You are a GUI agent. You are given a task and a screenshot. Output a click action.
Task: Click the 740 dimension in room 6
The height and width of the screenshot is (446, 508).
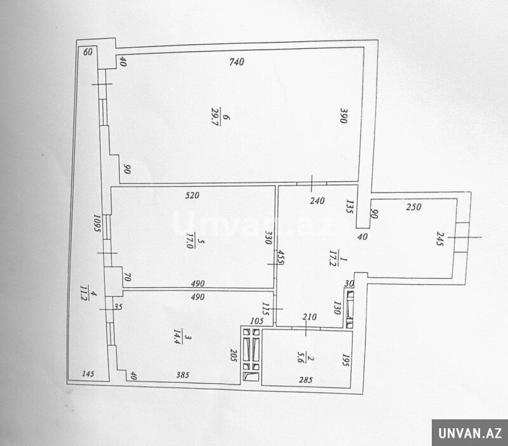click(236, 62)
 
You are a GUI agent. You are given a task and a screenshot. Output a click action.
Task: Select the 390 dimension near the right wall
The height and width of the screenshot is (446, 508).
click(344, 116)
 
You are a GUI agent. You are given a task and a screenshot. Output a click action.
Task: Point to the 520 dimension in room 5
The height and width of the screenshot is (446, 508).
click(192, 196)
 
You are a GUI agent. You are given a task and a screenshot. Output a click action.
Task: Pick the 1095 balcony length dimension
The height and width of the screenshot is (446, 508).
click(97, 223)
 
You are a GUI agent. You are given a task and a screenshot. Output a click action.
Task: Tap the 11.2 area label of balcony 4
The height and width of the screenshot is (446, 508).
click(83, 293)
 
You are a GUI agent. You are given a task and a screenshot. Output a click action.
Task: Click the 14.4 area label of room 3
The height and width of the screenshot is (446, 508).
click(177, 337)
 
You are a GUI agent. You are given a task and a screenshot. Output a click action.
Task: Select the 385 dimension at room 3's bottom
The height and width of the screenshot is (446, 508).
click(183, 375)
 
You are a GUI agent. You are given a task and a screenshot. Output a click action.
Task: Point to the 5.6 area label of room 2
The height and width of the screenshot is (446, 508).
click(300, 359)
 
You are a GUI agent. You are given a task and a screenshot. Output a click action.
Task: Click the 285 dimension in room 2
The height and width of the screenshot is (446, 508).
click(305, 380)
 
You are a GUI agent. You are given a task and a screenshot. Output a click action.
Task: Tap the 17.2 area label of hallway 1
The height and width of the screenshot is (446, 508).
click(332, 258)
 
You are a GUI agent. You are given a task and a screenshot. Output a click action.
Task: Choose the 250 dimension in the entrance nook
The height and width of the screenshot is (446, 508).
click(414, 206)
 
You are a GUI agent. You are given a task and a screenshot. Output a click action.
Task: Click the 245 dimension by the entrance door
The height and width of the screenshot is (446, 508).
click(439, 238)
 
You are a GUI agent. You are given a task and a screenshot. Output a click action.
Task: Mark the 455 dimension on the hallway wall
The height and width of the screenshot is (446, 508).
click(281, 258)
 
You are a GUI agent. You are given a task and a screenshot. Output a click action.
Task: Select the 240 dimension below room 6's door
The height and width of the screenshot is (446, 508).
click(317, 201)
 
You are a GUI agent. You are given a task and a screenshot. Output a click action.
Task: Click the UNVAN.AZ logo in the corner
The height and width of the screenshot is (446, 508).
click(470, 433)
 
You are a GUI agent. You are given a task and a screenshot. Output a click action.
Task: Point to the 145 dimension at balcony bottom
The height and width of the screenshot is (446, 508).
click(88, 374)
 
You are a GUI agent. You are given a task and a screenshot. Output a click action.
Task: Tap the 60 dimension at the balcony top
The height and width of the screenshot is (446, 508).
click(88, 52)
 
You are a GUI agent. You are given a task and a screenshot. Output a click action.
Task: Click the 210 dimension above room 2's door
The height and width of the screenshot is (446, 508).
click(309, 317)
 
